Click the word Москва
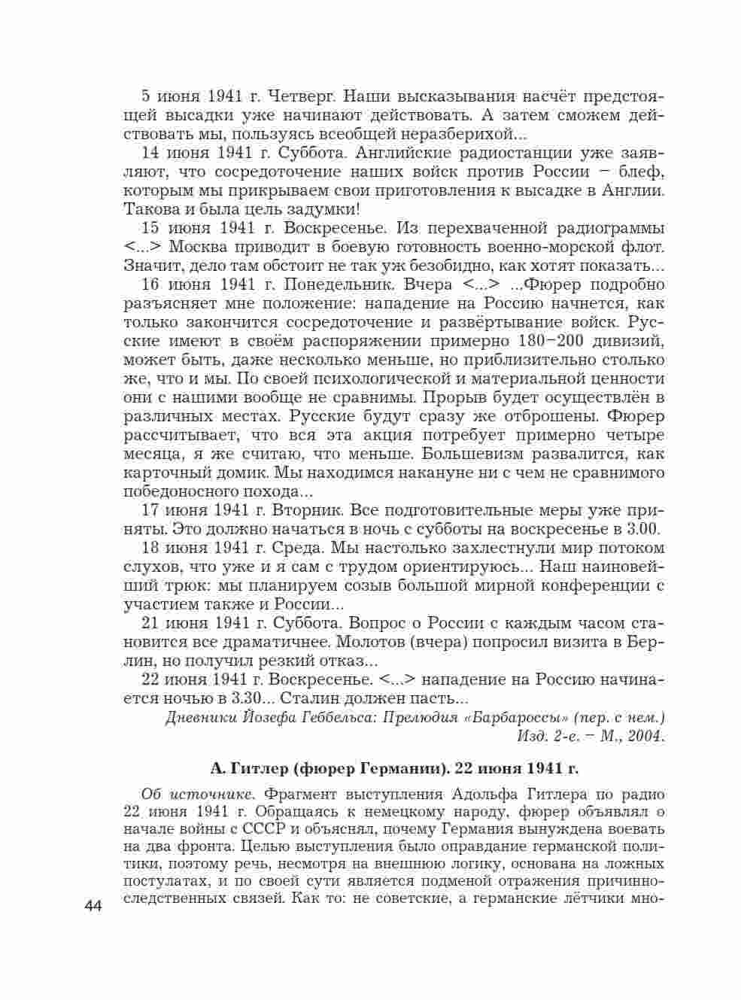pos(198,247)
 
